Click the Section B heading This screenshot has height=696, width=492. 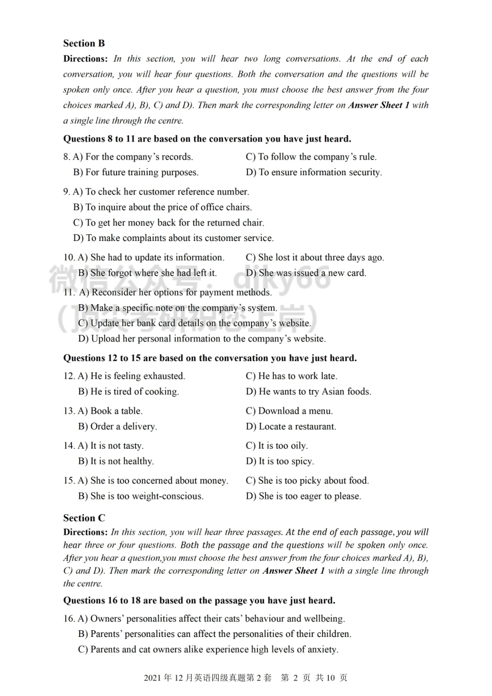pos(84,44)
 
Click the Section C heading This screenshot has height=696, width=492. pos(84,518)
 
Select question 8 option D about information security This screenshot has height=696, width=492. pos(313,172)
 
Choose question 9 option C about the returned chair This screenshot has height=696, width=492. pos(169,223)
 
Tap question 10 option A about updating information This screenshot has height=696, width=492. pos(151,258)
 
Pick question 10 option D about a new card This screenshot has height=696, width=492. pos(306,273)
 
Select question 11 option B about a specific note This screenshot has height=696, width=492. pos(178,308)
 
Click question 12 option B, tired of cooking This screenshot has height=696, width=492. pos(128,392)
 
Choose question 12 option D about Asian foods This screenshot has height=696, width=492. pos(308,392)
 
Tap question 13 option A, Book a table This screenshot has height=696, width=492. pos(110,411)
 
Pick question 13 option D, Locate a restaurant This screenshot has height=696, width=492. pos(291,427)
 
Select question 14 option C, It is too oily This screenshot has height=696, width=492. pos(277,446)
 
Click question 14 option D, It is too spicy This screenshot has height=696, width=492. pos(280,461)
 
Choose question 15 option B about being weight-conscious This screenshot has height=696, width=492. pos(141,496)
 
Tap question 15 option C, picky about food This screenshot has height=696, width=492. pos(307,480)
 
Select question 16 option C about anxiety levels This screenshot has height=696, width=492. pos(208,649)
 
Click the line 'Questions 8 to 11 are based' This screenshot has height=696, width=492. pos(207,139)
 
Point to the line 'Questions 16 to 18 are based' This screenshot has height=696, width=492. pos(199,601)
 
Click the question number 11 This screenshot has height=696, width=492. pos(69,292)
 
